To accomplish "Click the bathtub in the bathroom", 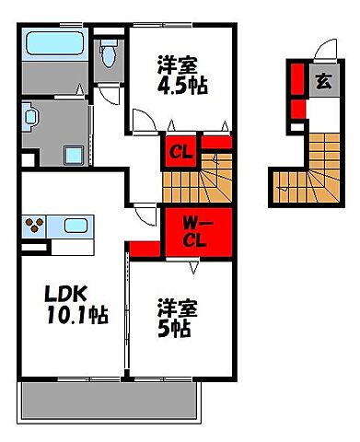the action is point(55,43).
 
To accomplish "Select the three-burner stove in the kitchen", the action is point(34,226).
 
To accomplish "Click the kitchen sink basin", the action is point(75,226).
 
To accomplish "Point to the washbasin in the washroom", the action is point(30,117).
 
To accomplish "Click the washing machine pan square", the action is point(74,156).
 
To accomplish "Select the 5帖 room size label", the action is point(174,329).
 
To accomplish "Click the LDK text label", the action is point(66,294).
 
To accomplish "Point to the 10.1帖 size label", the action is point(77,315).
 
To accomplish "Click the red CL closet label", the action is point(180,152).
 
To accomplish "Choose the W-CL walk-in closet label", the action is point(194,232).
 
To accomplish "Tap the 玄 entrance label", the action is point(324,81).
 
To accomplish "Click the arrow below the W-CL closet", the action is point(193,267).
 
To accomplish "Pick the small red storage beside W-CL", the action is point(145,249).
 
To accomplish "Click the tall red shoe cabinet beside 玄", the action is point(297,79).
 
